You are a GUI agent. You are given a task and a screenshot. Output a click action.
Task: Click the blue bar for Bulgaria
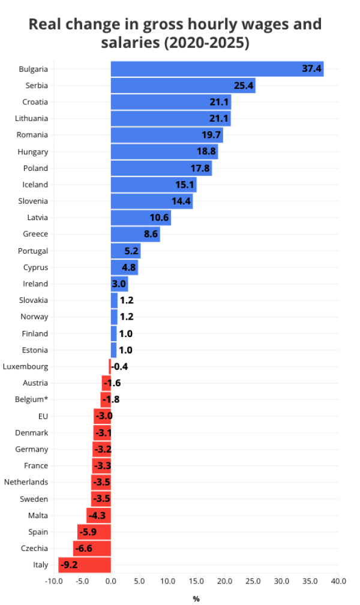coord(217,69)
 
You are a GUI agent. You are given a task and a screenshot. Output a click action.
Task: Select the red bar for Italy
coord(85,565)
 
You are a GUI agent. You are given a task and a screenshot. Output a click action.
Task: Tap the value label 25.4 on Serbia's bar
coord(244,86)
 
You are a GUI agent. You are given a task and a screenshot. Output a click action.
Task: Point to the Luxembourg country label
coord(25,366)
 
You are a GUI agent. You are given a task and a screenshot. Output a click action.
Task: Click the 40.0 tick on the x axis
coord(338,581)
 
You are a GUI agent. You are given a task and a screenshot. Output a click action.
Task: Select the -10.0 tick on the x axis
coord(53,581)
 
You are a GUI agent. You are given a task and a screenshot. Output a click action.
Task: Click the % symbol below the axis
coord(196,598)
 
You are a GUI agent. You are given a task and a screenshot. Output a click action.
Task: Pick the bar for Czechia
coord(92,548)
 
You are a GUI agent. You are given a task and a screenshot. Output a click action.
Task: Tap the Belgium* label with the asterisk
coord(32,399)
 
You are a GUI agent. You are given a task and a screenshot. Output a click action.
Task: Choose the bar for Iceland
coord(154,185)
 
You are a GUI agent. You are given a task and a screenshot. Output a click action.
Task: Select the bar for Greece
coord(135,234)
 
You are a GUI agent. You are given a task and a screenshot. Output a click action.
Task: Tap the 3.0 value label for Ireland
coord(119,284)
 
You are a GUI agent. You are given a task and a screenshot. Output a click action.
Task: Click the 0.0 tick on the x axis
coord(110,581)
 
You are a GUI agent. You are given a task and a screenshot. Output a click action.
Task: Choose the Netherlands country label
coord(26,482)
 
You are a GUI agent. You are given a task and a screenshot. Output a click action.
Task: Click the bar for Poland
coord(161,168)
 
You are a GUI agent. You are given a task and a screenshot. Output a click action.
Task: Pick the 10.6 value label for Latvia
coord(159,218)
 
